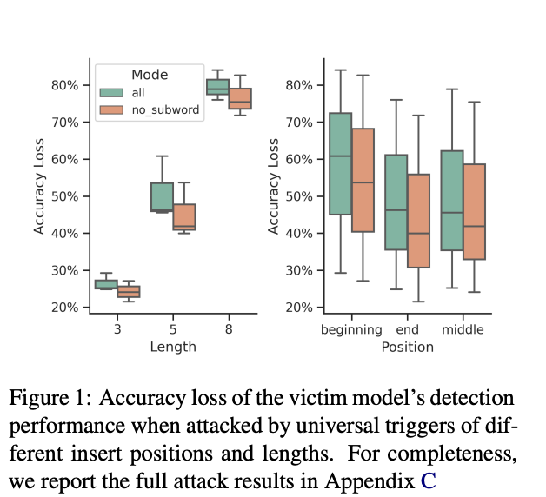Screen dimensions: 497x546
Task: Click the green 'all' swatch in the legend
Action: pos(111,92)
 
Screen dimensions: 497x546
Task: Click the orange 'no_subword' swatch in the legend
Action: pos(111,109)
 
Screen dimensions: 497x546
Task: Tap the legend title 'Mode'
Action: pos(150,75)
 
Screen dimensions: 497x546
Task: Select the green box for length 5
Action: pos(162,197)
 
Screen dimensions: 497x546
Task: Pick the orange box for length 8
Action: pos(240,98)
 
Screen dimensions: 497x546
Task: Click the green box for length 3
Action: pos(106,284)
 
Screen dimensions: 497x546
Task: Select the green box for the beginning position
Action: pos(340,163)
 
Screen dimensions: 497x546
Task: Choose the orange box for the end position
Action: pos(418,221)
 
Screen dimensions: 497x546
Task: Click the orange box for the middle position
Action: pos(475,211)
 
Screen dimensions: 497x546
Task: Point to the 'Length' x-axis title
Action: pos(172,347)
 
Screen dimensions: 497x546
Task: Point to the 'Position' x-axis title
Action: pos(407,347)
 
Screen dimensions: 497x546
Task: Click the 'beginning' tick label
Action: pos(351,330)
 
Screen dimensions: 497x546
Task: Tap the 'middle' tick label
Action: pos(463,330)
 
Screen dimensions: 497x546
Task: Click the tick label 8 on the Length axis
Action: pos(229,330)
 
